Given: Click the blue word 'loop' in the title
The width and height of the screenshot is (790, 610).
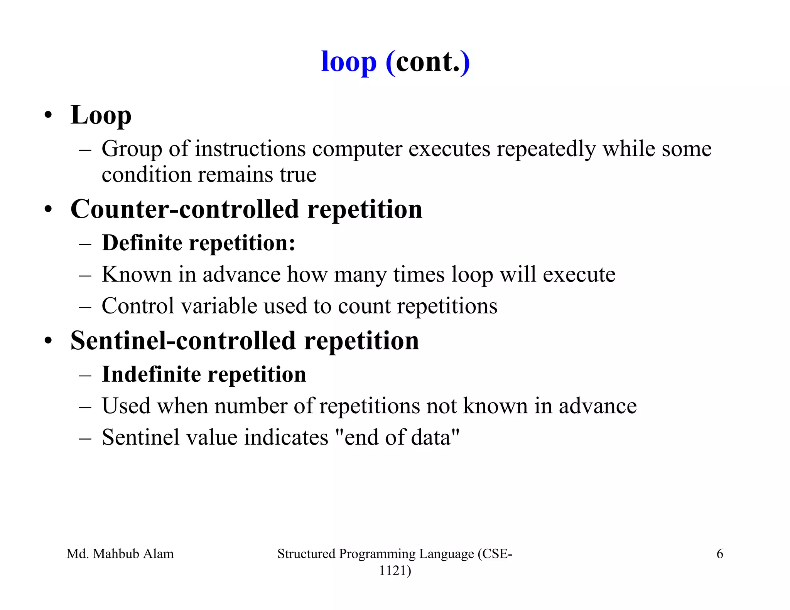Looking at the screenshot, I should [x=348, y=62].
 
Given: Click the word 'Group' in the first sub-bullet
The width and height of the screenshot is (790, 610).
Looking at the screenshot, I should [x=132, y=149].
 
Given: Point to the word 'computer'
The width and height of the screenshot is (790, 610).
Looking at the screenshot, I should [x=357, y=149].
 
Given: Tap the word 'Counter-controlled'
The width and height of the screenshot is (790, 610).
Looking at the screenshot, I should [x=185, y=209].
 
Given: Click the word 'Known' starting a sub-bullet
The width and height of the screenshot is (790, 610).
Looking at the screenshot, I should [x=137, y=275].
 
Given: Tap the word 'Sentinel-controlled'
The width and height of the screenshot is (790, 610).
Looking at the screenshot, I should [x=183, y=341].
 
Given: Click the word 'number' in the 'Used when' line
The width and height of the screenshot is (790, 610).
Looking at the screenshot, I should [x=251, y=406].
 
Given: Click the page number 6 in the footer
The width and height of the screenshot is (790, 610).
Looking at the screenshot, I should [x=719, y=554].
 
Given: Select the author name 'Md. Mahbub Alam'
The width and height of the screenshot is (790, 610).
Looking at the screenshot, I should [x=120, y=554].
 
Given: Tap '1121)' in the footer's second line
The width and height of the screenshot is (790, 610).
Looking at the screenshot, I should [x=395, y=570].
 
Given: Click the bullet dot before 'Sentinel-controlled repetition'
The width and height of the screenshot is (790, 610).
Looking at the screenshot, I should [x=48, y=341].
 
